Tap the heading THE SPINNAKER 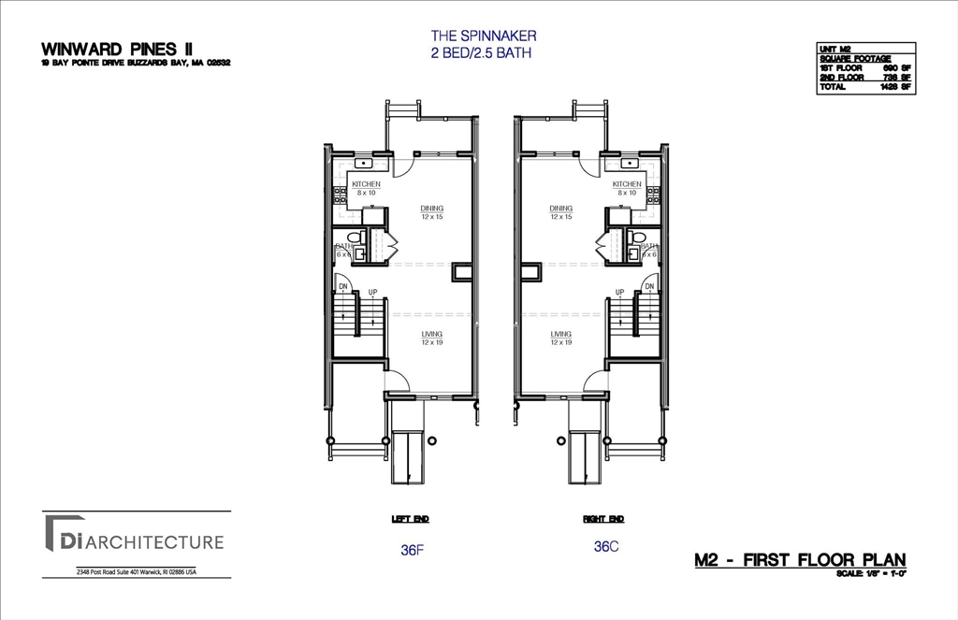(x=483, y=36)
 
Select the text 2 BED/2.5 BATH (x=483, y=53)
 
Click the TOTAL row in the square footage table (x=865, y=86)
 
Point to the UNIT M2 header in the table (x=835, y=49)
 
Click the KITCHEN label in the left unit (x=366, y=184)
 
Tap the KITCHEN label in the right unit (x=627, y=184)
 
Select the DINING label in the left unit (x=431, y=209)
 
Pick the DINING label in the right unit (x=560, y=209)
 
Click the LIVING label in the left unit (x=431, y=334)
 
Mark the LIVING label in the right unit (x=560, y=334)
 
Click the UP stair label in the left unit (x=372, y=293)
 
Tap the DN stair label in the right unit (x=649, y=286)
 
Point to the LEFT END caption (x=410, y=519)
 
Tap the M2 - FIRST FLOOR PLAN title (x=800, y=560)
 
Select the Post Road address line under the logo (x=136, y=572)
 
